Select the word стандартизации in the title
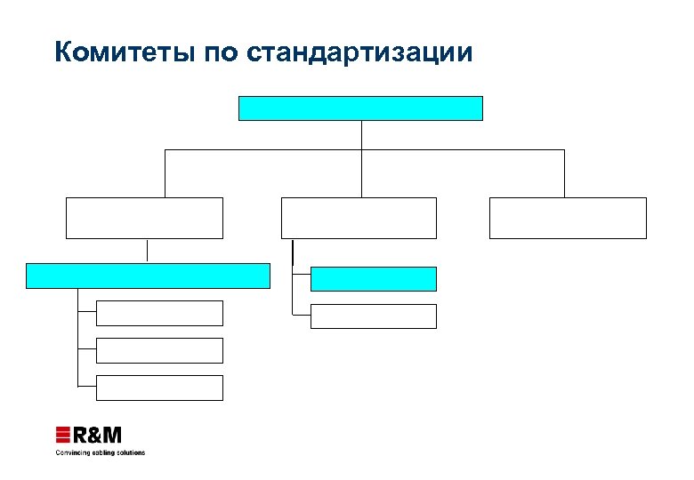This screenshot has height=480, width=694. [360, 52]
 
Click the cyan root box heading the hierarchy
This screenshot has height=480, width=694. [360, 108]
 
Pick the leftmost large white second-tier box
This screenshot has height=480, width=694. [144, 218]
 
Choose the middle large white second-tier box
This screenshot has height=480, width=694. [359, 218]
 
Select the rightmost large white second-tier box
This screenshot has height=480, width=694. [568, 218]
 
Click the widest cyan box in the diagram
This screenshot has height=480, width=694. [148, 276]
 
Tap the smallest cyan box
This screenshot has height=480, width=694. [374, 279]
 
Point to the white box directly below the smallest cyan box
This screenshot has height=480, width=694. [374, 316]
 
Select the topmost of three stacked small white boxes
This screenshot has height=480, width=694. [160, 313]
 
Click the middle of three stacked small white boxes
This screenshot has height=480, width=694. [160, 350]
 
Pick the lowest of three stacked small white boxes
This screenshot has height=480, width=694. [160, 388]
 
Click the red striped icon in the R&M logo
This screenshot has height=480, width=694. [63, 436]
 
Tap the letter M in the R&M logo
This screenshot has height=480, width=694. [112, 436]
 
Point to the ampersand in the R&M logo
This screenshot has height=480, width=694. [94, 436]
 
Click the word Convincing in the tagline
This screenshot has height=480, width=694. [71, 452]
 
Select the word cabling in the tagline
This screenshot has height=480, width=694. [101, 452]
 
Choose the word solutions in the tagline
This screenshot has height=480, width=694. [131, 452]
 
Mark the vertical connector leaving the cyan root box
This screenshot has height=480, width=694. [361, 135]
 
